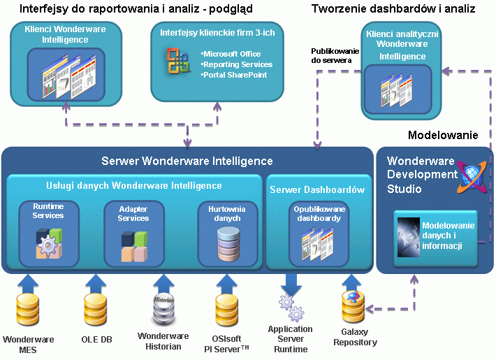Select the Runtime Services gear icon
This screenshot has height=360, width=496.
point(48,243)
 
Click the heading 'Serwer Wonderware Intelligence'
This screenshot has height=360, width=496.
point(187,161)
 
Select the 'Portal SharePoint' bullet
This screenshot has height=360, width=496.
point(235,75)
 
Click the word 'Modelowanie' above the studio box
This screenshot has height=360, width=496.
point(443,135)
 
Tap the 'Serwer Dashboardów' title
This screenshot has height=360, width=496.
point(317,189)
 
